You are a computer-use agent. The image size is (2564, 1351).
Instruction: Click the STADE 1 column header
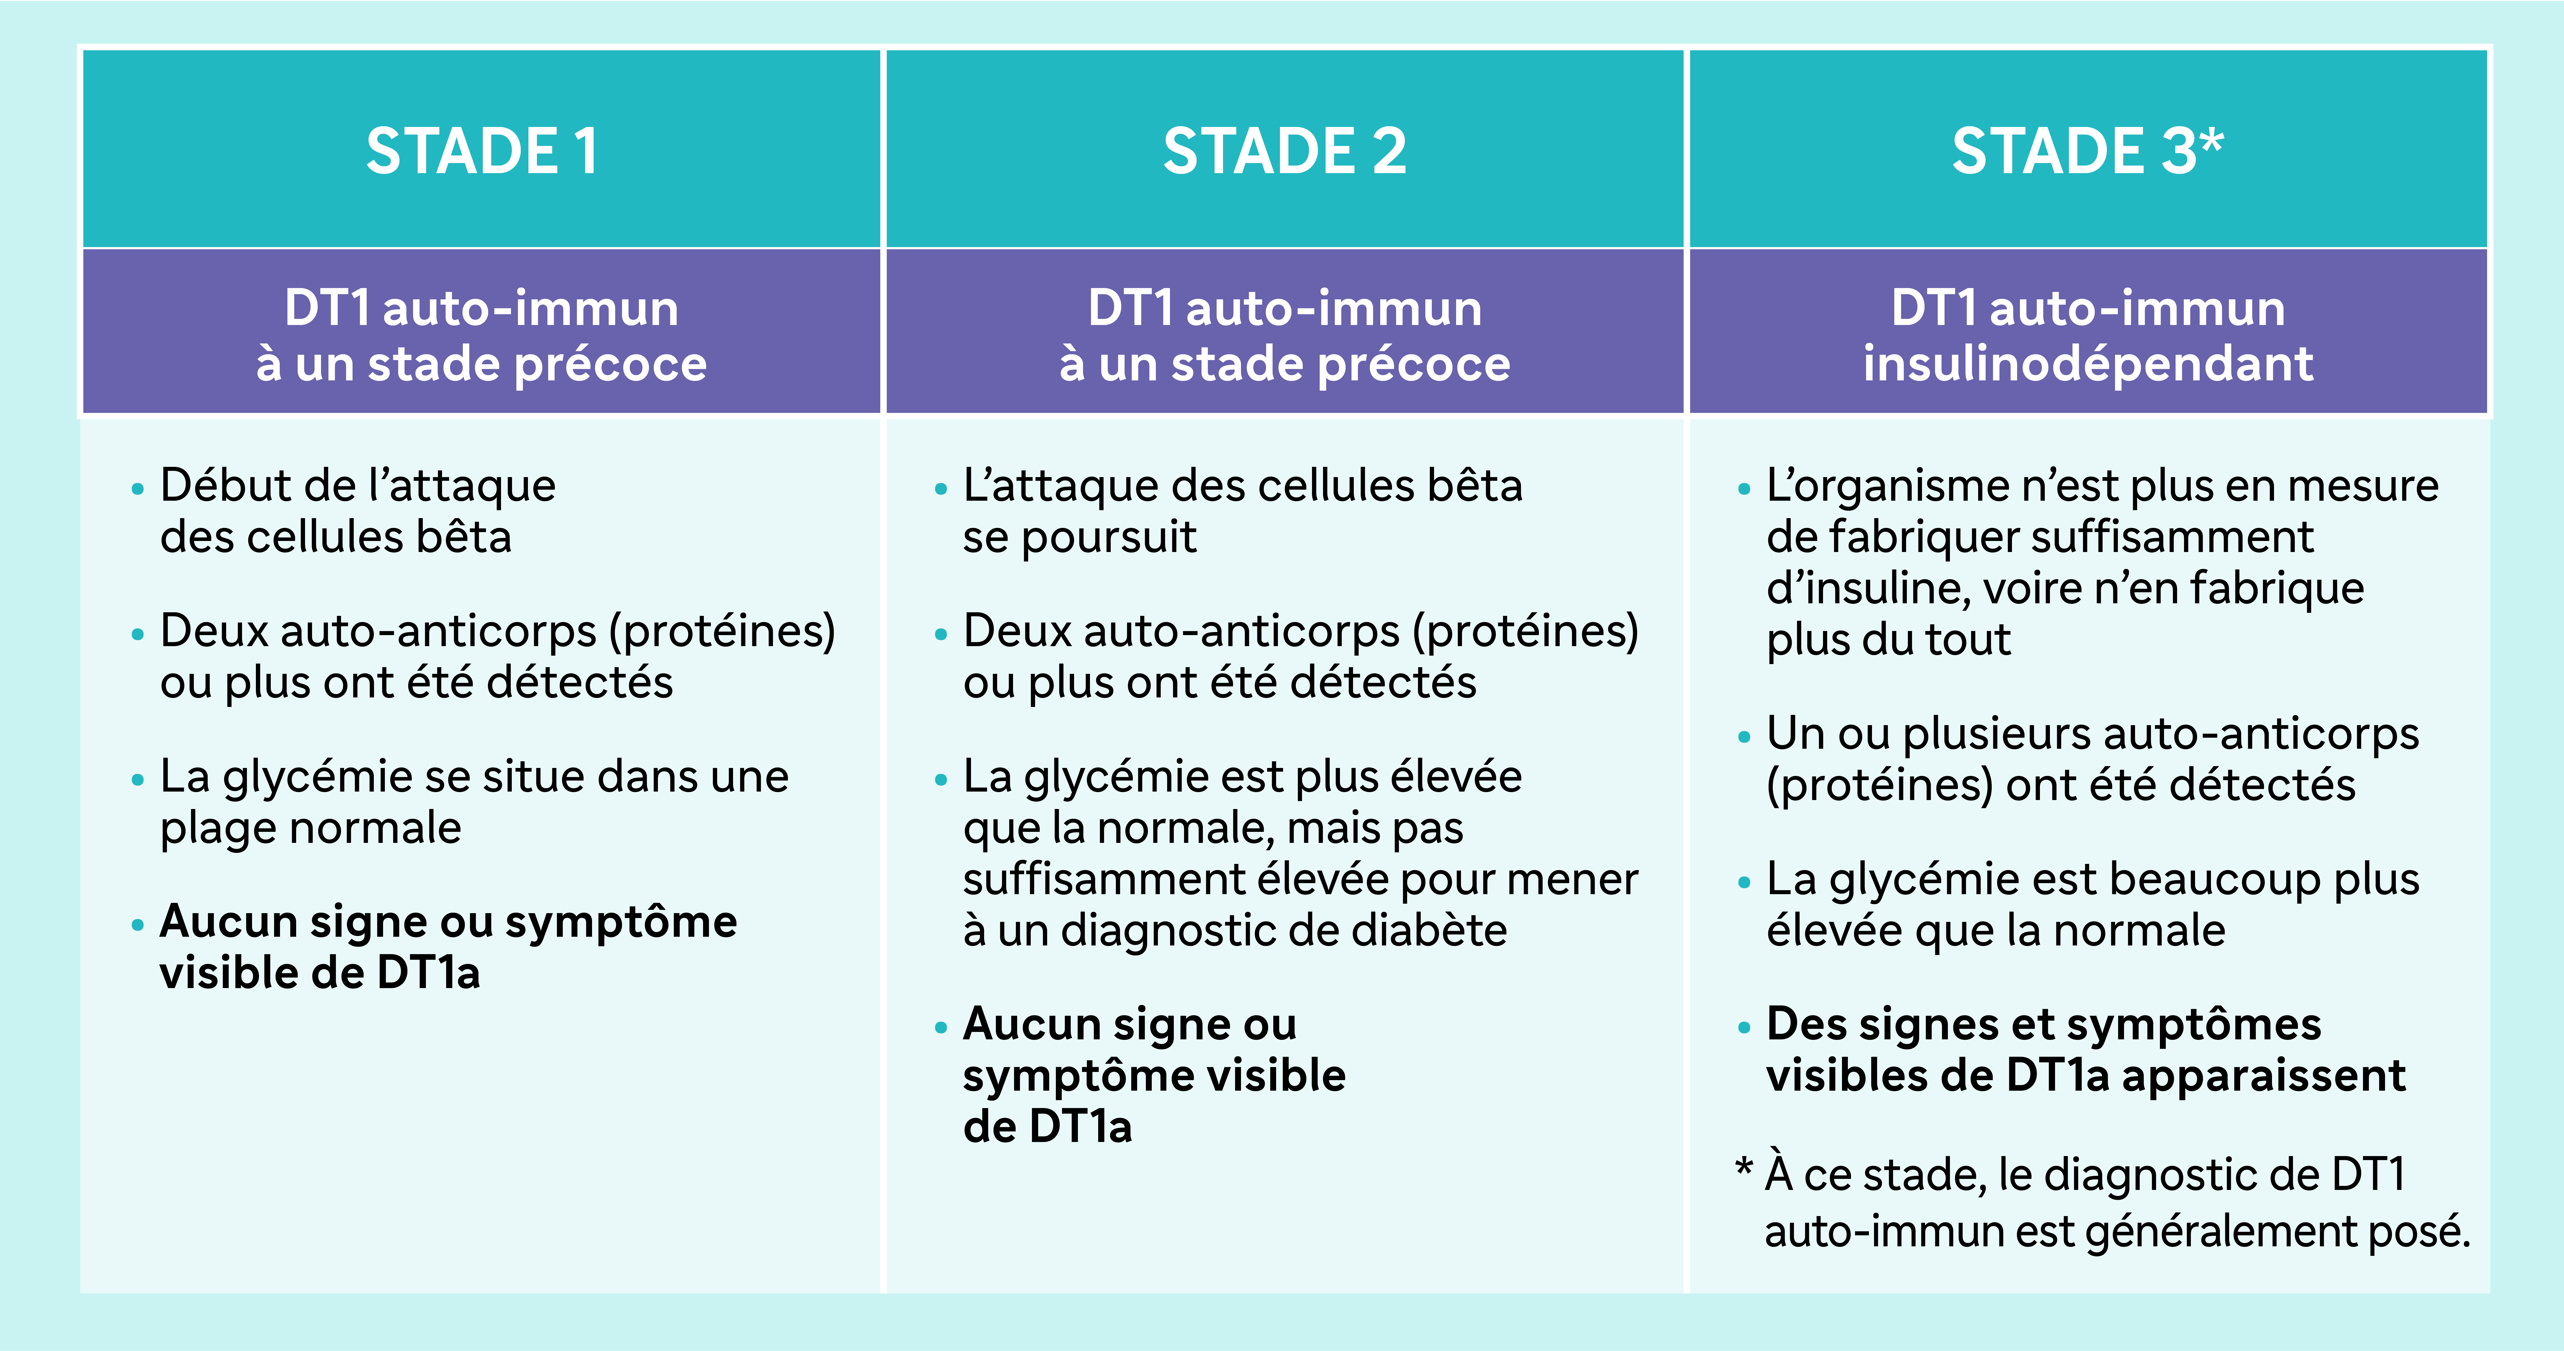(482, 151)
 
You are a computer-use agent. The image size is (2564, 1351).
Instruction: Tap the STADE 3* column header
(2087, 151)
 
